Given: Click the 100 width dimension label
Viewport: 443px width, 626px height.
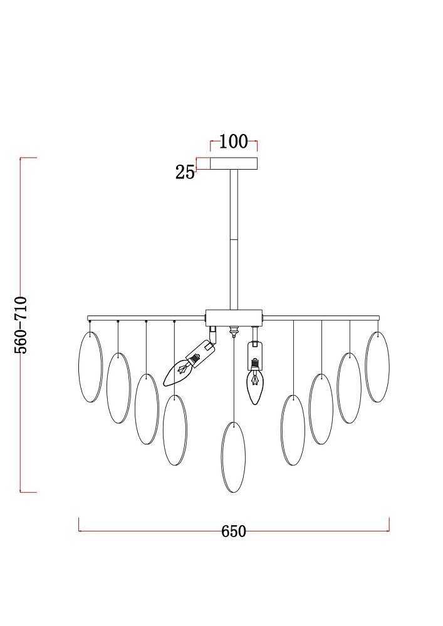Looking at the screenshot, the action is tap(234, 141).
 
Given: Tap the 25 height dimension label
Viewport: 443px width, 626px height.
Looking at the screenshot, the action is tap(185, 172).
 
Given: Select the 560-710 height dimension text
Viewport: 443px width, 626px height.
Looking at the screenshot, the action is tap(21, 324).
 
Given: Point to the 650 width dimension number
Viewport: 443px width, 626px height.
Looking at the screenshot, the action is tap(234, 531).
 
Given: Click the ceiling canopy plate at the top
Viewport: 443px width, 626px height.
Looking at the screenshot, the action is tap(234, 163).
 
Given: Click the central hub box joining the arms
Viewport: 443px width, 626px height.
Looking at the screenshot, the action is tap(234, 318).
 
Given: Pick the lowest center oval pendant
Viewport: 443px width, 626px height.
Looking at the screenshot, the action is tap(234, 457).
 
